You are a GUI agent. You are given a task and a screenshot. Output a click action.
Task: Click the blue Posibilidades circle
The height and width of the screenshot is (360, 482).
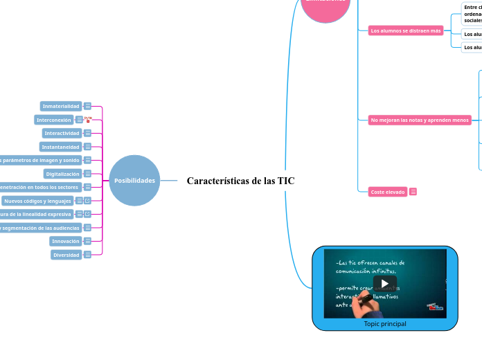(x=134, y=181)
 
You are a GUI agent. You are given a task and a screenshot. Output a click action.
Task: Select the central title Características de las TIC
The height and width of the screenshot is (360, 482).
(x=240, y=181)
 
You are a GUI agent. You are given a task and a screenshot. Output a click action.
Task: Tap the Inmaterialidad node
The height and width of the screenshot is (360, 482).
(x=61, y=106)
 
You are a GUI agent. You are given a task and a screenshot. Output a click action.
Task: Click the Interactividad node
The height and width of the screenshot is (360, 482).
(x=62, y=133)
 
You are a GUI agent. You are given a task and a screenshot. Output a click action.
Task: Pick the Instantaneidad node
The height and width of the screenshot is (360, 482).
(x=61, y=147)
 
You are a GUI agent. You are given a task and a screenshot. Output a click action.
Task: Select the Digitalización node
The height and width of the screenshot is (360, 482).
(x=62, y=174)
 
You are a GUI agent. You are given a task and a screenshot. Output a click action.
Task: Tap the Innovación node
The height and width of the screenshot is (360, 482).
(x=65, y=241)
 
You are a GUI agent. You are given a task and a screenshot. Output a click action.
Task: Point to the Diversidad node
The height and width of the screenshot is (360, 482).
(x=66, y=255)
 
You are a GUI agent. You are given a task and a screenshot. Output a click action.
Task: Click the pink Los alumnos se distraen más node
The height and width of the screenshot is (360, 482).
(x=406, y=30)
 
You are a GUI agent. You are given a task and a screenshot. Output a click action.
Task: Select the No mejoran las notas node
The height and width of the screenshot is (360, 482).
(x=420, y=120)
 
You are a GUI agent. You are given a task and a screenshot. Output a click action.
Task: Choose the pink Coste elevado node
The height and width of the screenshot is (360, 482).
(x=388, y=192)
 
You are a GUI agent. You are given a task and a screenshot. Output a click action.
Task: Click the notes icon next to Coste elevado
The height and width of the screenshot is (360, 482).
(x=413, y=192)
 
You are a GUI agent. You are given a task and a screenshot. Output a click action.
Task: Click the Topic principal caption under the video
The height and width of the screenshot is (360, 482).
(x=384, y=323)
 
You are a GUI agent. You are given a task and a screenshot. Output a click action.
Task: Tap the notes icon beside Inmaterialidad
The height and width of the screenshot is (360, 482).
(x=88, y=106)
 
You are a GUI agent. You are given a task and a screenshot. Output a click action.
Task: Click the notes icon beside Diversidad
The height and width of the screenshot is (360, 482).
(x=88, y=255)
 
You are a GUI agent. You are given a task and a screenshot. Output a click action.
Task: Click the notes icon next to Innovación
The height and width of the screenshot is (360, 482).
(x=88, y=241)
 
